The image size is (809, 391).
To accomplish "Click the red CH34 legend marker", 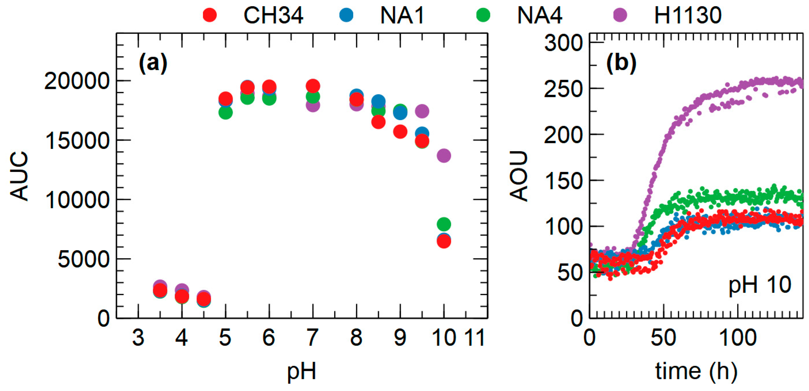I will pos(210,15).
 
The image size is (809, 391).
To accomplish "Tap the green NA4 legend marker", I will pos(483,15).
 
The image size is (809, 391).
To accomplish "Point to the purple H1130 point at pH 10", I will pos(444,155).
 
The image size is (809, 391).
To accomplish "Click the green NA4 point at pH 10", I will pos(444,224).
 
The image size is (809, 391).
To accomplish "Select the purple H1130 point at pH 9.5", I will pos(422,111).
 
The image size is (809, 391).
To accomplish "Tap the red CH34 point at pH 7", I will pos(313,86).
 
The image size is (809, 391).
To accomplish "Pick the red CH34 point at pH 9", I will pos(400,131).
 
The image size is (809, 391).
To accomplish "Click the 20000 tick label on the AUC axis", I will pos(77,81).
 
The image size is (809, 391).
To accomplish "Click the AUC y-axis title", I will pos(20,176).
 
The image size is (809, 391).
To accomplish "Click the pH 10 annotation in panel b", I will pos(759,285).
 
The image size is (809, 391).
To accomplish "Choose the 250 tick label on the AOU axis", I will pos(563,89).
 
